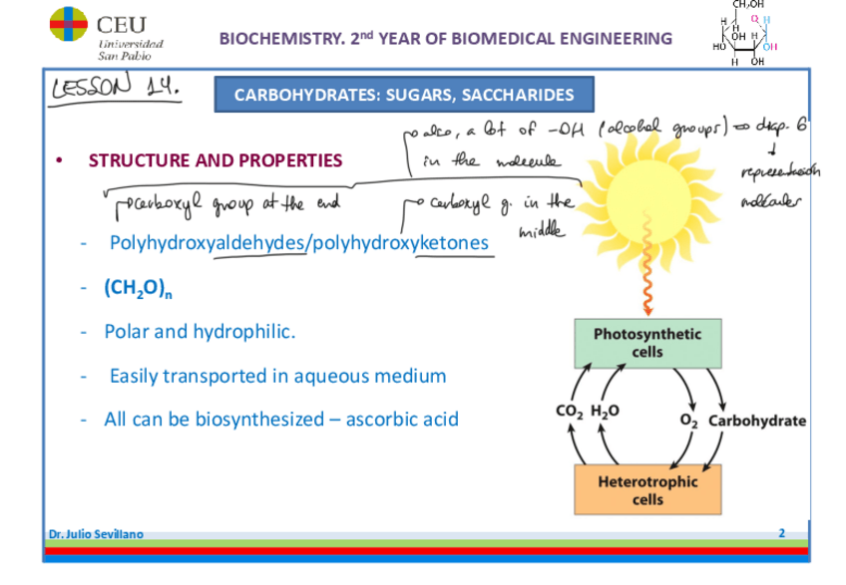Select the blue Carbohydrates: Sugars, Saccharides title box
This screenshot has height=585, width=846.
[404, 95]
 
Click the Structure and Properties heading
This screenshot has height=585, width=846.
[214, 160]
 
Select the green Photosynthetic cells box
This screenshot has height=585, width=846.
[648, 343]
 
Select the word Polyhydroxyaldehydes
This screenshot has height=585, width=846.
[207, 242]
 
